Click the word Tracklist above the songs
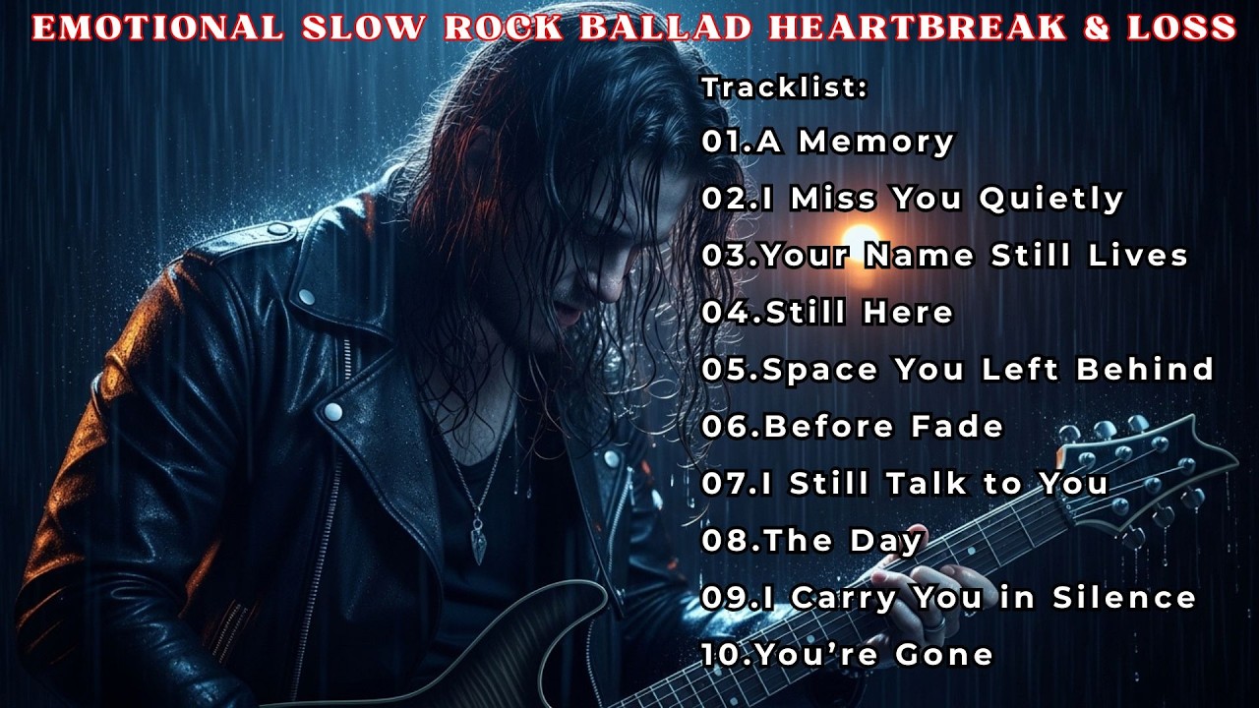click(784, 88)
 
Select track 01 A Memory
click(827, 142)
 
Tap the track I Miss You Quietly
click(912, 199)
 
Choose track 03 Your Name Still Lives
click(944, 256)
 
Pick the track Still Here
click(827, 313)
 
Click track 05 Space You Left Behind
click(957, 370)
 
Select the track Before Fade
click(852, 427)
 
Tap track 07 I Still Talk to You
click(905, 484)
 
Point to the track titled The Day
click(812, 541)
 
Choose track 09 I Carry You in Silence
click(948, 598)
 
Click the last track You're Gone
click(847, 654)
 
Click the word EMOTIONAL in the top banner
click(157, 27)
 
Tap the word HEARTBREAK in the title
click(913, 27)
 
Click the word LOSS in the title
click(1184, 27)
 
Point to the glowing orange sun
click(862, 240)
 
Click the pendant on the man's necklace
click(478, 540)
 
